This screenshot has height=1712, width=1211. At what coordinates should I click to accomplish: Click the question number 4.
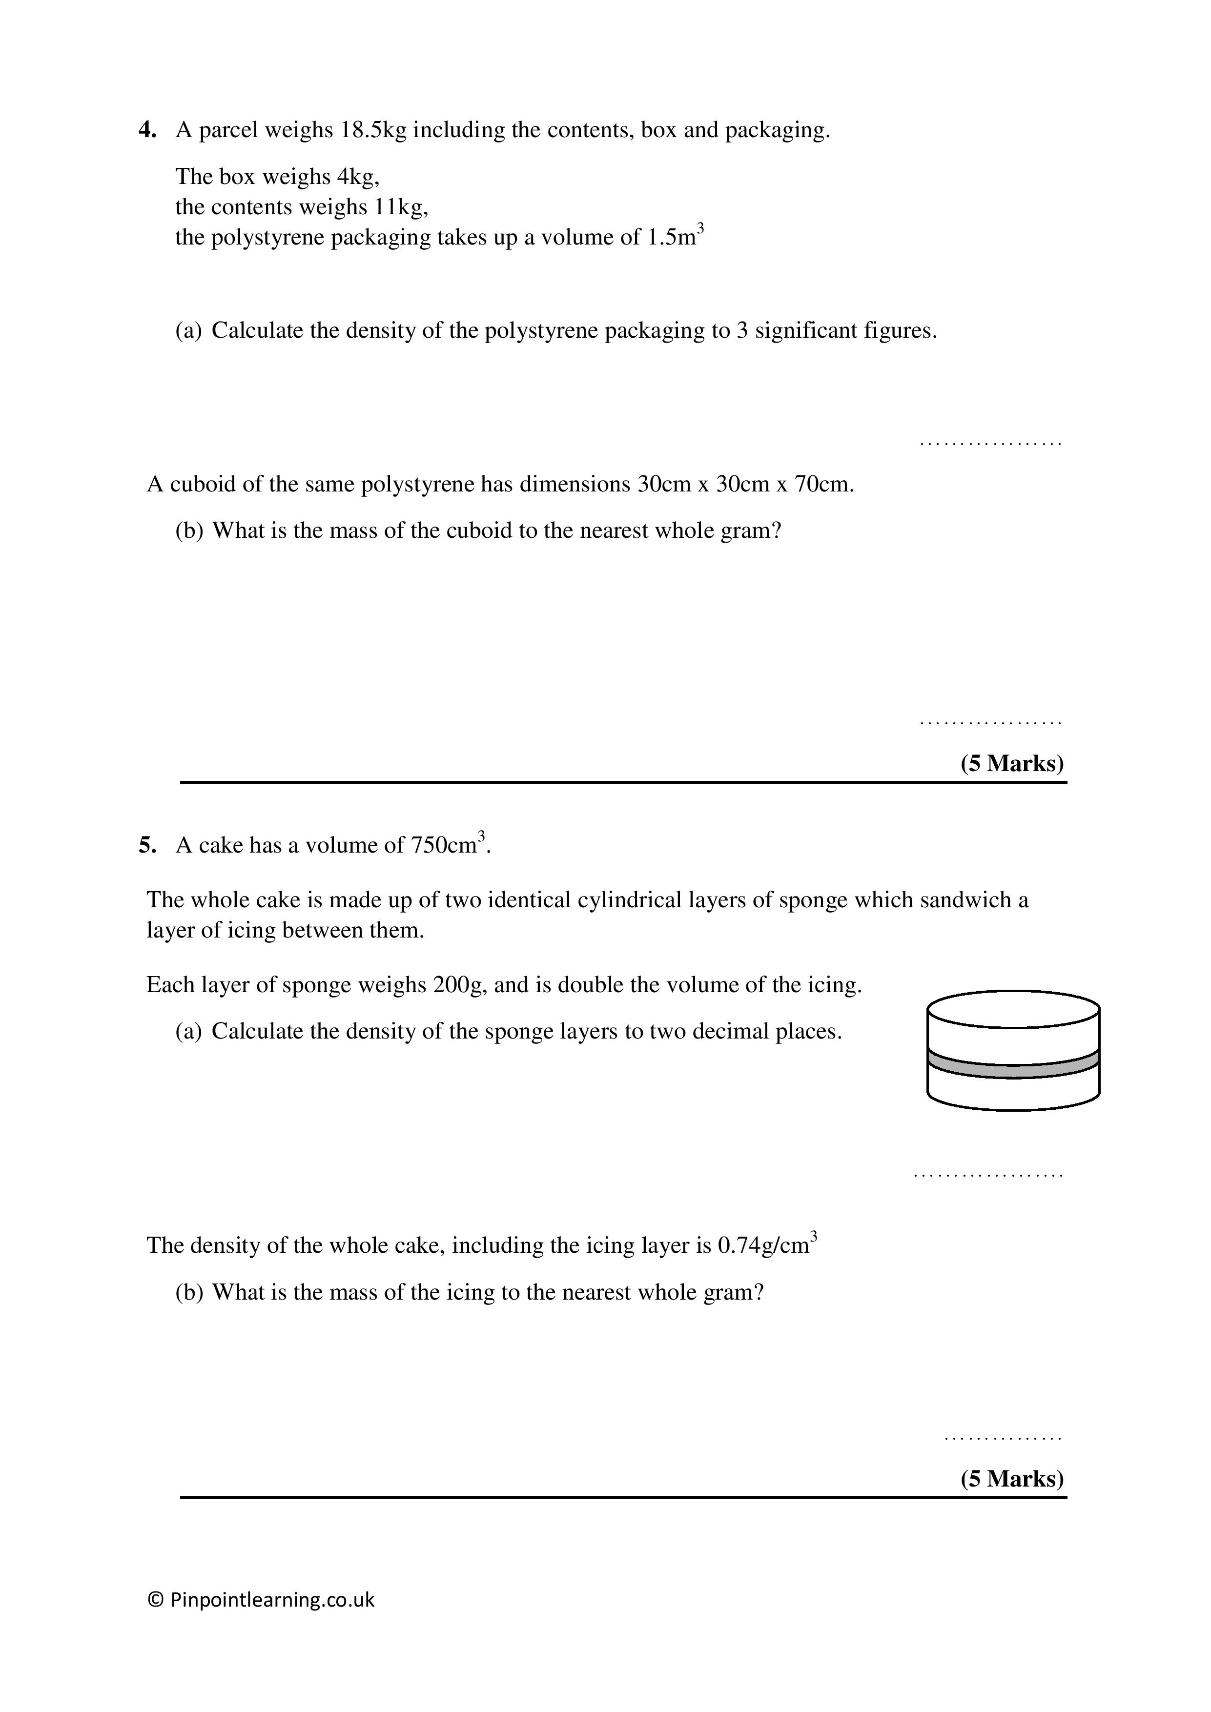point(147,130)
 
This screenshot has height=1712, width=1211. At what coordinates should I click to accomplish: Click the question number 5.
point(147,846)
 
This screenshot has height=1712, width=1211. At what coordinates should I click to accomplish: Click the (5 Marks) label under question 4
point(1012,764)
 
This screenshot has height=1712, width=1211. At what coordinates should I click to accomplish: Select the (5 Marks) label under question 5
point(1012,1479)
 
